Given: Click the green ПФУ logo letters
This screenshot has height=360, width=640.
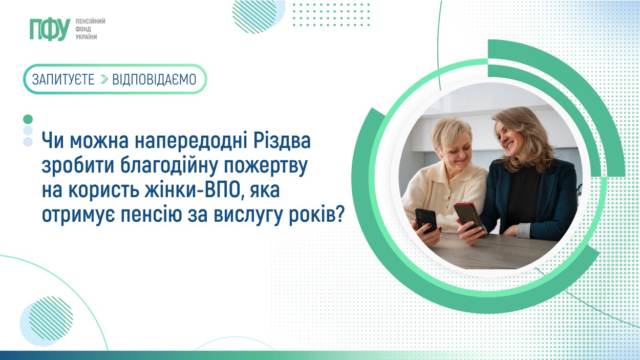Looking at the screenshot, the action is [50, 29].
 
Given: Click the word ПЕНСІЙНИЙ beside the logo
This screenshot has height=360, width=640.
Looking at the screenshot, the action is [90, 22].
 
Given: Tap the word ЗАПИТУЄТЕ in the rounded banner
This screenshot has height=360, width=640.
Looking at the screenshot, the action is [63, 79].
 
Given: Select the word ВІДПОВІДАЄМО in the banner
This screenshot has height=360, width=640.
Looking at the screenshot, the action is [154, 79].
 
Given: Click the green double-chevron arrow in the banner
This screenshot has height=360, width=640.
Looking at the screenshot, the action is [104, 79].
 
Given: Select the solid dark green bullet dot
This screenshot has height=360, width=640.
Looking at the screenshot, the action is [28, 119].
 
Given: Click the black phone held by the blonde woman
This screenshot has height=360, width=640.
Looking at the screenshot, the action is [426, 220].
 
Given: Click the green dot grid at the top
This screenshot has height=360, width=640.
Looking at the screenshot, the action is [331, 15].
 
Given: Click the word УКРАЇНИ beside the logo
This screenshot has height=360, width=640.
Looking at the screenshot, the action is [87, 37].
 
